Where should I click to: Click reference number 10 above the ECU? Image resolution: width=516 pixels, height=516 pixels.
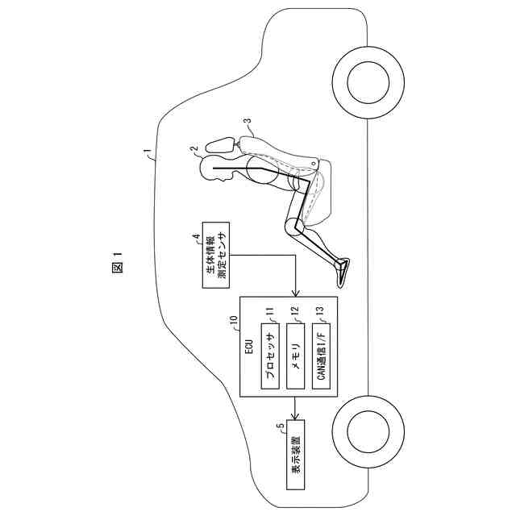click(233, 320)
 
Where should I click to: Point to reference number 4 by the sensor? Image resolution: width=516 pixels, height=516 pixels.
click(195, 237)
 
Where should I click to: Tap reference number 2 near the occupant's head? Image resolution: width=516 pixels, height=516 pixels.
click(193, 149)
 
